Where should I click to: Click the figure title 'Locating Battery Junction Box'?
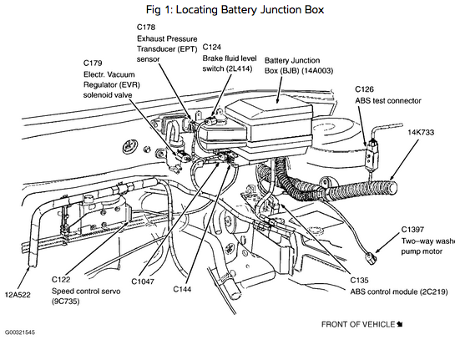[x=250, y=10]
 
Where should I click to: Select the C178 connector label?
[x=146, y=27]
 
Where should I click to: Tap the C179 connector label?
[x=93, y=63]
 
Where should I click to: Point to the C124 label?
[x=212, y=47]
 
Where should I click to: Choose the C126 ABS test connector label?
[x=365, y=89]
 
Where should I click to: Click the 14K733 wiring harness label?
[x=421, y=132]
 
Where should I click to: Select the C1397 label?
[x=412, y=230]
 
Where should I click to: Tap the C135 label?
[x=359, y=280]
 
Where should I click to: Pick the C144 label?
[x=182, y=289]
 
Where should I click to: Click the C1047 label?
[x=143, y=281]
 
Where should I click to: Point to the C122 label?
[x=61, y=279]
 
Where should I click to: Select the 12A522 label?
[x=18, y=295]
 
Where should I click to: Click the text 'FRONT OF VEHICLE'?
[x=358, y=324]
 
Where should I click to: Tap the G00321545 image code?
[x=20, y=332]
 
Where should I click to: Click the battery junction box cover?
[x=269, y=122]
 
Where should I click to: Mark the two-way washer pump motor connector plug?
[x=371, y=258]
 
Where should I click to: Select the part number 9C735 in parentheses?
[x=66, y=302]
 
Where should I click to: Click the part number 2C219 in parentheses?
[x=434, y=292]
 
